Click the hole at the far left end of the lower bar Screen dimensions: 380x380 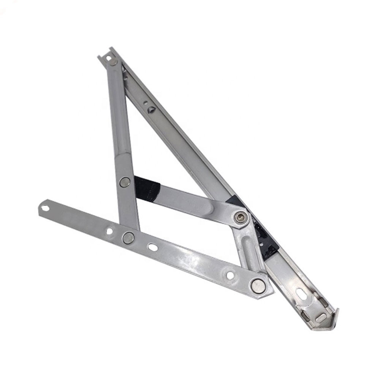coord(45,208)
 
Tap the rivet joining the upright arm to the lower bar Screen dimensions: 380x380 coord(128,238)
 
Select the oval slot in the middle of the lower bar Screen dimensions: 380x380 coord(153,247)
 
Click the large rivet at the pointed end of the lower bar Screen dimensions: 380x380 coord(258,285)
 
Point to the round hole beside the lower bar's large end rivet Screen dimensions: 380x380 coord(230,275)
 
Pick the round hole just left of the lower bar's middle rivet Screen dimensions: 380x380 coord(109,231)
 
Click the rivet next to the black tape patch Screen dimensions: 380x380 coord(125,182)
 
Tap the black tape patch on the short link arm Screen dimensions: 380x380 coord(147,188)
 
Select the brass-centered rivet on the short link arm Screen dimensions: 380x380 coord(240,217)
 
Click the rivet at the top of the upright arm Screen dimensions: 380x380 coord(113,62)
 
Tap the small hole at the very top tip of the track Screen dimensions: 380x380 coord(108,58)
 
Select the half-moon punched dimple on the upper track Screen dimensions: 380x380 coord(152,110)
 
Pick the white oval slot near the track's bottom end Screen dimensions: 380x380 coord(300,293)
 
